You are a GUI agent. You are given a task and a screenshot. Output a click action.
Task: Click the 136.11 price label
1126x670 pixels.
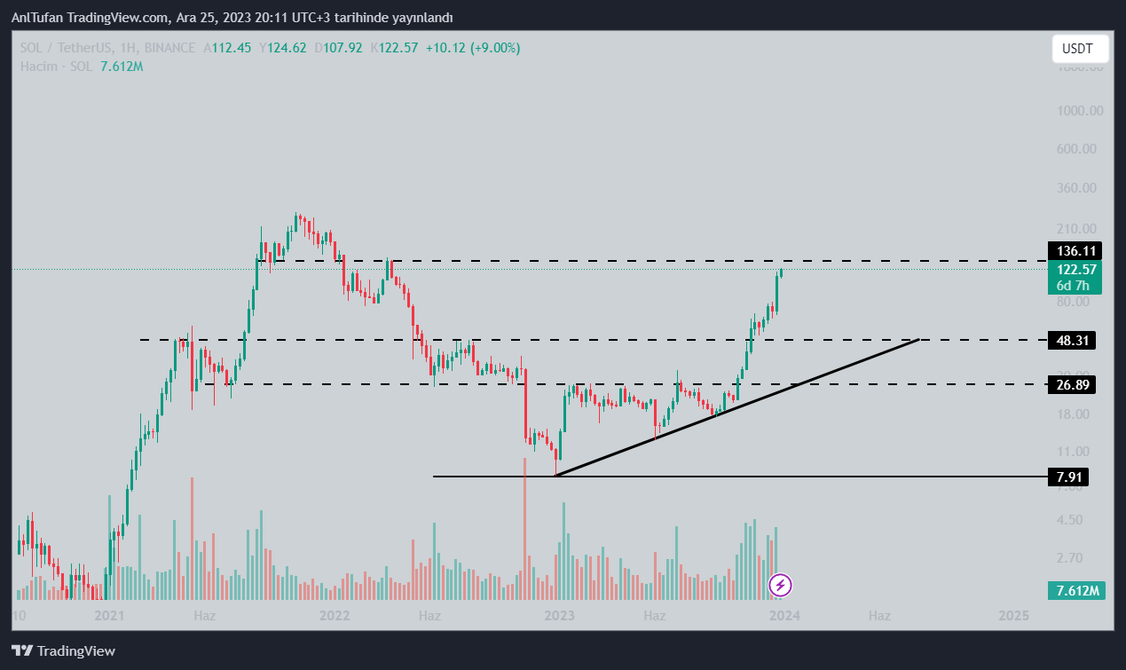coord(1075,251)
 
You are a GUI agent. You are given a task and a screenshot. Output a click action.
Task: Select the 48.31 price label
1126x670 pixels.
coord(1071,340)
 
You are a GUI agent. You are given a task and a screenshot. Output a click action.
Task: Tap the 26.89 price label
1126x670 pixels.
coord(1071,384)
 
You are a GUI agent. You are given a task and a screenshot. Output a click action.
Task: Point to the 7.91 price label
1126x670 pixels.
coord(1067,477)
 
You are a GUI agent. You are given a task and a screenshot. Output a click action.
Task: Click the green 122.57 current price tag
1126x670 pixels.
coord(1076,270)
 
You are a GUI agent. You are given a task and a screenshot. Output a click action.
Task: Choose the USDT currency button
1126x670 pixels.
coord(1079,49)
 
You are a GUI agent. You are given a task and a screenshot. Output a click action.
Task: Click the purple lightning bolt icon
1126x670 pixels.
coord(780,585)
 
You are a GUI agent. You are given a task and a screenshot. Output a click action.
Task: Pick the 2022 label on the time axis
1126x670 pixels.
coord(335,615)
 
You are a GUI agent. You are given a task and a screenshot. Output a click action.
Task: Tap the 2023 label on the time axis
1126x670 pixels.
coord(559,615)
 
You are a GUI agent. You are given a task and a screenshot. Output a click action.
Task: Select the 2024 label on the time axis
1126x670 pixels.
coord(785,615)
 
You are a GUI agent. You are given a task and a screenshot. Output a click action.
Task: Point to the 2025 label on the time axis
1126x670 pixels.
coord(1013,615)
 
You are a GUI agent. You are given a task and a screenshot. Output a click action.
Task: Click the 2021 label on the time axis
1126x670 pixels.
coord(108,615)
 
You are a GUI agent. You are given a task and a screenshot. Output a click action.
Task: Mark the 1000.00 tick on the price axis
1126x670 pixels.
coord(1079,111)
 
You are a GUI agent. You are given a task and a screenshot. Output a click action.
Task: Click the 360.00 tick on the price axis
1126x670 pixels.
coord(1082,188)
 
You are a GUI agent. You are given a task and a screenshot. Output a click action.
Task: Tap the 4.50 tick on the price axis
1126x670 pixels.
coord(1086,520)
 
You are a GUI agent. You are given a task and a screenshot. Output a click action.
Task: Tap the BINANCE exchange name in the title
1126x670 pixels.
coord(169,48)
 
